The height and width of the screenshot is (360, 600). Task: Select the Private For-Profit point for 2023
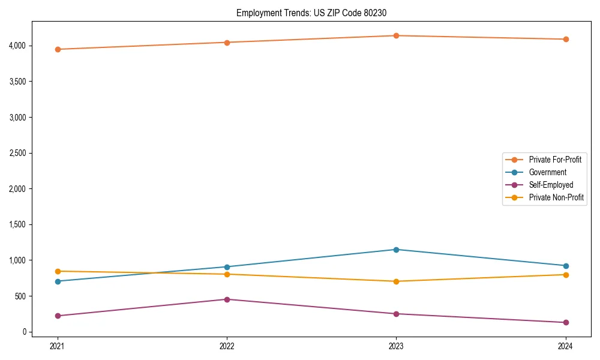[396, 35]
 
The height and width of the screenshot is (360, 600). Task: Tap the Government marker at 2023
[396, 250]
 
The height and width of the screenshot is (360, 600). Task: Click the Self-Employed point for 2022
[227, 299]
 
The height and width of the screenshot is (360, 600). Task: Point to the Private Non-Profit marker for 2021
[58, 271]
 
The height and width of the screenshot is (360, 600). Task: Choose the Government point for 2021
[58, 281]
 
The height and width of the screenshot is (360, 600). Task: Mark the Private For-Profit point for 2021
[58, 49]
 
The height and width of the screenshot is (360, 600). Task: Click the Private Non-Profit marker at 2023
[396, 281]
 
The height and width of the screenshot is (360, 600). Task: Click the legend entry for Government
[547, 172]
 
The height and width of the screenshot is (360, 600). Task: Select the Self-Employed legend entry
[551, 185]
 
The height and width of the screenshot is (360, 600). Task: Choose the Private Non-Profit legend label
[556, 197]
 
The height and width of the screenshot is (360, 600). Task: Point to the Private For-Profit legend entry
[555, 160]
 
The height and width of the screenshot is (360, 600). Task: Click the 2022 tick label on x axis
[227, 346]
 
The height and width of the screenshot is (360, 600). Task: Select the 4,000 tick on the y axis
[17, 46]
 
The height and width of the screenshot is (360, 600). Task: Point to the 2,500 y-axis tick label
[17, 153]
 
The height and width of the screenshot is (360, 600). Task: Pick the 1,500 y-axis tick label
[17, 224]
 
